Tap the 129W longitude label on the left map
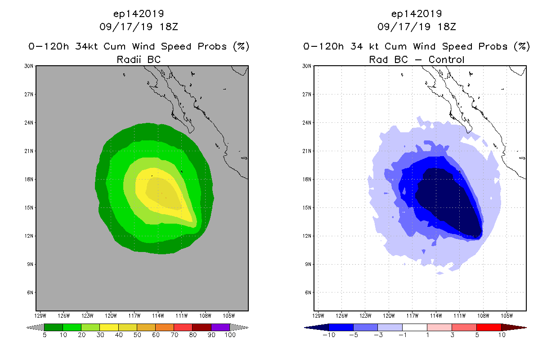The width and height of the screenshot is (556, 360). pos(40,315)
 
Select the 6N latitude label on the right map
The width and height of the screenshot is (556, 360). pos(309,292)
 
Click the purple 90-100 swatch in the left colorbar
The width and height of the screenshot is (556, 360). pos(220,327)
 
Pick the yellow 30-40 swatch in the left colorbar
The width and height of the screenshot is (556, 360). pos(109,327)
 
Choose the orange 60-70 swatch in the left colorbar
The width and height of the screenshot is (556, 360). pos(165,327)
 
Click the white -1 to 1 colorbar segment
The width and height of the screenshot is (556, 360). pos(414,327)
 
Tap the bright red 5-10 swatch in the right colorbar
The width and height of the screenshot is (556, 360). pos(489,327)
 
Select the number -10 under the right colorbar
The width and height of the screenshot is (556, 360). pos(329,335)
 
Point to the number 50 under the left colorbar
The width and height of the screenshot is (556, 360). pos(137,335)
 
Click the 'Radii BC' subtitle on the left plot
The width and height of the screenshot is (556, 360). pos(139,59)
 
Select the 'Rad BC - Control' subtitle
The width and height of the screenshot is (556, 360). pos(417,59)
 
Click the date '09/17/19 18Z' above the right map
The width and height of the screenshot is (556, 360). pos(417,27)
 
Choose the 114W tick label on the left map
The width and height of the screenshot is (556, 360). pos(158,315)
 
